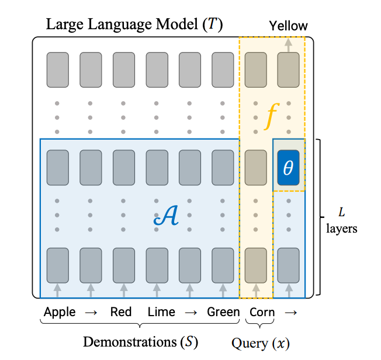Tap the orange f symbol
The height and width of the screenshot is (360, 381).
pyautogui.click(x=270, y=116)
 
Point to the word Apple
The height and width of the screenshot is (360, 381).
pyautogui.click(x=60, y=311)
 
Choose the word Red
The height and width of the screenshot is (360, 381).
pyautogui.click(x=121, y=311)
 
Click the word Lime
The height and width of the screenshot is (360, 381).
pyautogui.click(x=161, y=311)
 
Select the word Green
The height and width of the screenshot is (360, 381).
pyautogui.click(x=223, y=311)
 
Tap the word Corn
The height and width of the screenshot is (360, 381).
pyautogui.click(x=262, y=311)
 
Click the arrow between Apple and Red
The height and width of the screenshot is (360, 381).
pyautogui.click(x=91, y=312)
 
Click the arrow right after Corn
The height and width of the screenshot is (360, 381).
pyautogui.click(x=290, y=312)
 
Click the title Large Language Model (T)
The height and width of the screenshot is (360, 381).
pyautogui.click(x=134, y=25)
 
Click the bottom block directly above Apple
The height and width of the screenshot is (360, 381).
pyautogui.click(x=57, y=262)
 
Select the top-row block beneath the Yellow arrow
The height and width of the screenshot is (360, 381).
pyautogui.click(x=289, y=67)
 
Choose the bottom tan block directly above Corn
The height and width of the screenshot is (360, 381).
pyautogui.click(x=255, y=262)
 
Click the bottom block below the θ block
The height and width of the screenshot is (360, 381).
pyautogui.click(x=289, y=262)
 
